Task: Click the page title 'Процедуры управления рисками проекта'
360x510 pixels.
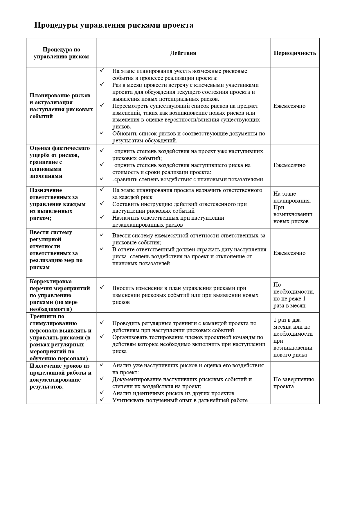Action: click(x=114, y=26)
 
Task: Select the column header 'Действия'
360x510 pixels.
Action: click(x=183, y=53)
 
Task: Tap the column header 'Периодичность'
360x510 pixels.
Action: click(x=295, y=53)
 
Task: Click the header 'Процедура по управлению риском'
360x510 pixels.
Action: click(x=61, y=53)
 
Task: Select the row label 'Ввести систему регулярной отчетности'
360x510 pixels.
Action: click(x=54, y=250)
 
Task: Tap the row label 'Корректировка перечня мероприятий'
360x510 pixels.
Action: click(x=60, y=295)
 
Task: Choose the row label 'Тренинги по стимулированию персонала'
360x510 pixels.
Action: click(x=60, y=337)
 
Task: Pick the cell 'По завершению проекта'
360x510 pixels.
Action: click(x=294, y=383)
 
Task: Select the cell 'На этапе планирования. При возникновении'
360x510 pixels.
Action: click(x=293, y=207)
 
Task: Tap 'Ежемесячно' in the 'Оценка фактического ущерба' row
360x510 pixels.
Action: click(x=289, y=165)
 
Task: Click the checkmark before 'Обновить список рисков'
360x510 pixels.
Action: click(x=102, y=133)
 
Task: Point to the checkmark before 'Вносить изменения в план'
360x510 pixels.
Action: click(x=102, y=287)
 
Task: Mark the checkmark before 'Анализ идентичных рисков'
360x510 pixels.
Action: click(x=102, y=392)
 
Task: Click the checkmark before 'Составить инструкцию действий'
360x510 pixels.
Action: click(x=102, y=203)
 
